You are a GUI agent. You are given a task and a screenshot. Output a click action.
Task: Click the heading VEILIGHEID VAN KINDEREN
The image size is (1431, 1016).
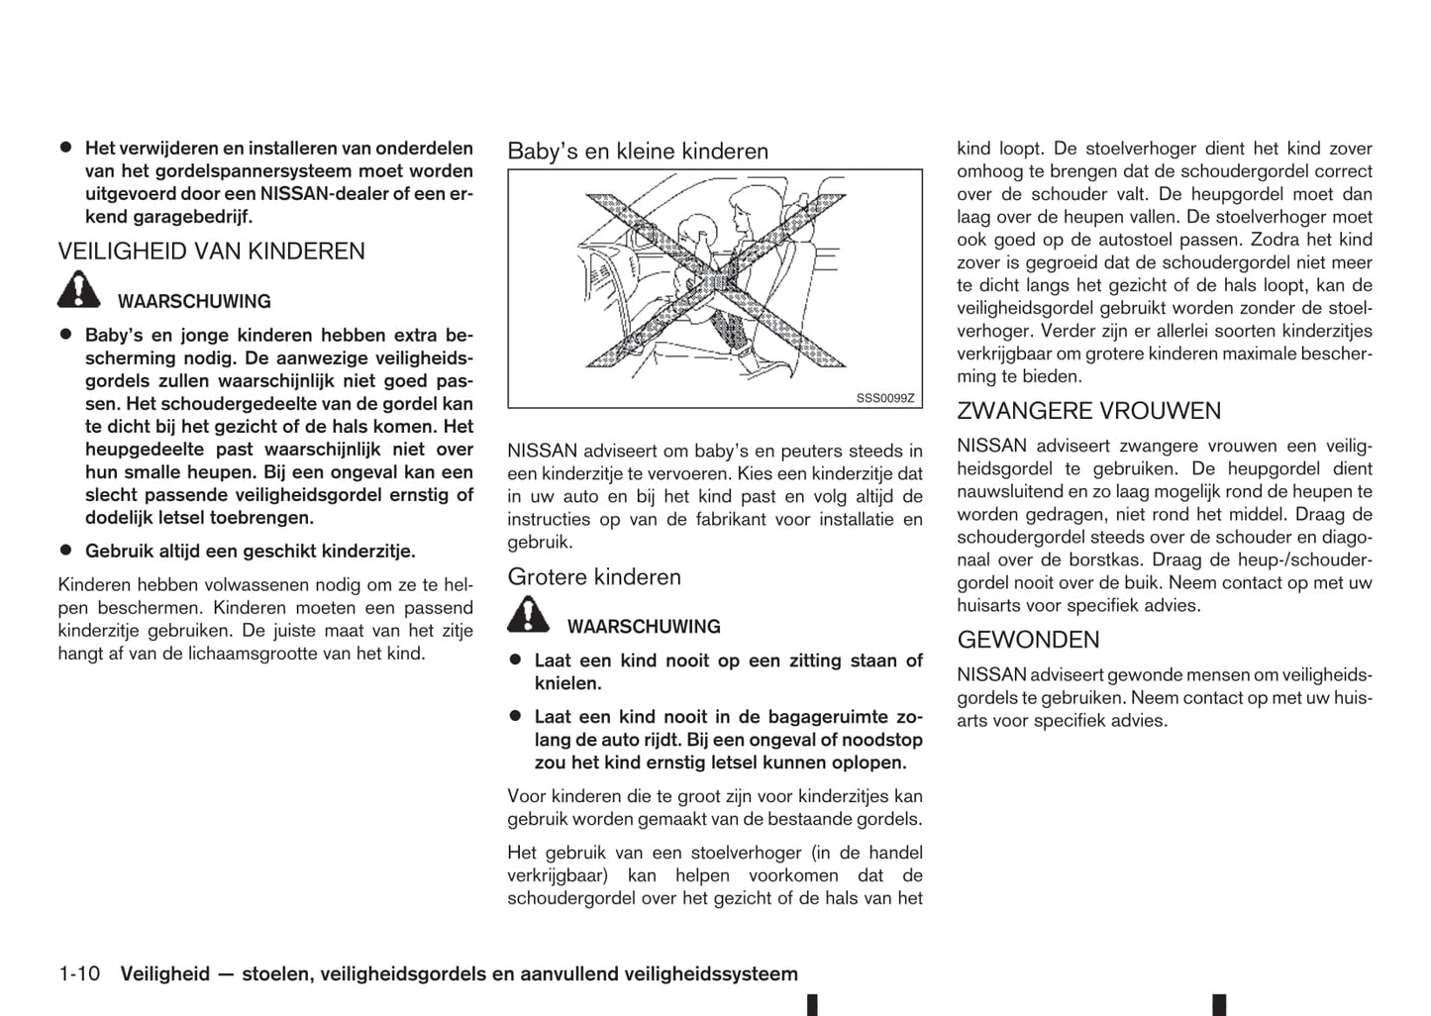tap(211, 252)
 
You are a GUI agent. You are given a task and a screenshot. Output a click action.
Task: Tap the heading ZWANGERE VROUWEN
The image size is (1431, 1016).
tap(1088, 411)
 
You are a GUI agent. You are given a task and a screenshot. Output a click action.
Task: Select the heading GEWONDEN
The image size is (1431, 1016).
tap(1028, 640)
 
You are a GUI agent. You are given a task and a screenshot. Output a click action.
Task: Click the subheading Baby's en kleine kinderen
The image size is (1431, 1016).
tap(638, 152)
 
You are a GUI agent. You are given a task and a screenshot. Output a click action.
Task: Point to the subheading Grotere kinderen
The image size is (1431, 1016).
tap(594, 577)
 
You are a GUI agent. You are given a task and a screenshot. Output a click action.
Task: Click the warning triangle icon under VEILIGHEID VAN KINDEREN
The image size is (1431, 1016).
tap(78, 290)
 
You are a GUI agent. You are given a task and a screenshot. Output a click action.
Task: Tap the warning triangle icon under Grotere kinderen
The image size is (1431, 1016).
tap(528, 615)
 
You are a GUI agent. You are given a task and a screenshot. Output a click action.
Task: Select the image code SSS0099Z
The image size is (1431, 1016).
tap(884, 399)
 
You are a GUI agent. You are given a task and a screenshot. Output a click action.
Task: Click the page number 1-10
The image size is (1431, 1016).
tap(79, 974)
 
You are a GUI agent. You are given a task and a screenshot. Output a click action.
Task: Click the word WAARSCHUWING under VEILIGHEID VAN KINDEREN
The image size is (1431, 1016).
tap(194, 302)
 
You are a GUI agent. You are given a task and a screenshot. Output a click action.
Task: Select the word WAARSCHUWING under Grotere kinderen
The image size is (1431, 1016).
tap(644, 627)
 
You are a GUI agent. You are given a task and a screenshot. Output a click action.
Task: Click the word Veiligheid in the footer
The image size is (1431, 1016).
tap(164, 974)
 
